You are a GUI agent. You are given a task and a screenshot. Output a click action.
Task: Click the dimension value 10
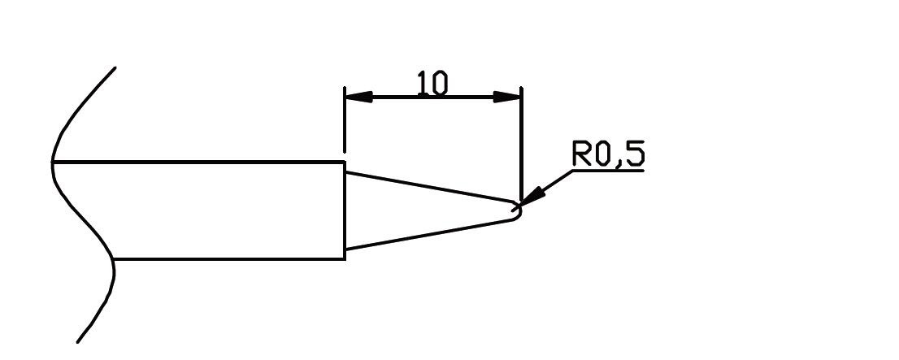pos(432,84)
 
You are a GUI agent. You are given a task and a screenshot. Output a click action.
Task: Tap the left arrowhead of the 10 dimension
pos(358,97)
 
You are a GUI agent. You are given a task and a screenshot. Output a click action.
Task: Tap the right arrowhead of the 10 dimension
pos(507,97)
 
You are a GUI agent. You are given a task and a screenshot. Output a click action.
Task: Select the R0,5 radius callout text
pos(609,154)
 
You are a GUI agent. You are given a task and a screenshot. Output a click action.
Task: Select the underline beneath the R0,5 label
pos(609,171)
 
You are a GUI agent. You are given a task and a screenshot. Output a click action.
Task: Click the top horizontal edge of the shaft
pos(199,162)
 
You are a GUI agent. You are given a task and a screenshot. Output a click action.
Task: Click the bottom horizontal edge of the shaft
pos(228,258)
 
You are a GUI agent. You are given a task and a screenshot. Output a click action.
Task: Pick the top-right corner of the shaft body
pos(345,162)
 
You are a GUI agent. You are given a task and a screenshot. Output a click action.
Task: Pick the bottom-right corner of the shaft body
pos(345,258)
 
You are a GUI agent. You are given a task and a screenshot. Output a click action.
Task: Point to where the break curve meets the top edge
pos(53,162)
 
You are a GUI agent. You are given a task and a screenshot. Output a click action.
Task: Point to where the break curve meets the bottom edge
pos(112,258)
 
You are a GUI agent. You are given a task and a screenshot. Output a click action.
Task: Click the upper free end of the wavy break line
pos(115,67)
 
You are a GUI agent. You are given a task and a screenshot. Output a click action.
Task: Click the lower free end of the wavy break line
pos(78,341)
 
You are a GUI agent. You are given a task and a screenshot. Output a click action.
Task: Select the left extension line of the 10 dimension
pos(345,122)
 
